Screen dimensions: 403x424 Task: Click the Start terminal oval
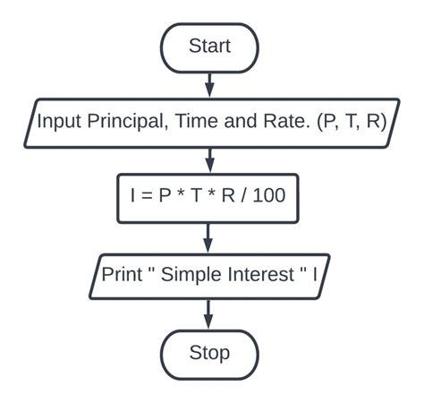coord(209,47)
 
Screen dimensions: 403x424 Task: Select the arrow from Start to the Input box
coord(209,84)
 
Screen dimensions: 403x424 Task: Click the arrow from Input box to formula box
coord(209,160)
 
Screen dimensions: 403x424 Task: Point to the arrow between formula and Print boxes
coord(209,237)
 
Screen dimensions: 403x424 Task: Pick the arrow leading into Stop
coord(209,313)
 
